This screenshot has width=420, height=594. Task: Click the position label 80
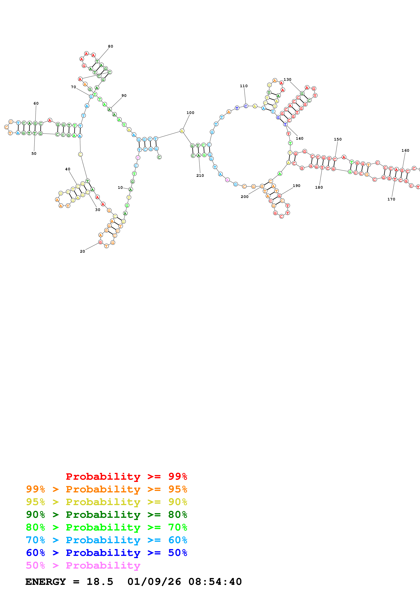(110, 46)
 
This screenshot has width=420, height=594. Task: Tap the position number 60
(36, 103)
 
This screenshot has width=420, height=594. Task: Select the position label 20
(82, 251)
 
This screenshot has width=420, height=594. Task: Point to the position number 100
(190, 113)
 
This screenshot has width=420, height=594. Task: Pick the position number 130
(287, 79)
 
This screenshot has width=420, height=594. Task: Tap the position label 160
(405, 151)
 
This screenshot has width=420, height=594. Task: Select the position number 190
(296, 186)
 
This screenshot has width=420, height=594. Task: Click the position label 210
(200, 175)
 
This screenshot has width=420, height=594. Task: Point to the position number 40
(68, 169)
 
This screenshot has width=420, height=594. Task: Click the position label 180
(319, 187)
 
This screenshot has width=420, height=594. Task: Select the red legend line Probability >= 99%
(126, 476)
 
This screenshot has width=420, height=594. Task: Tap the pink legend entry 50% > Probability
(83, 566)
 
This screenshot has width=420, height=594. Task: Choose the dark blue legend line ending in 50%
(106, 553)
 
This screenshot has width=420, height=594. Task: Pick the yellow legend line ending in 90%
(106, 502)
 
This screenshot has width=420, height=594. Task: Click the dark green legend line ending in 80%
(106, 515)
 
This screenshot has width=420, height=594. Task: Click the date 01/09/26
(154, 582)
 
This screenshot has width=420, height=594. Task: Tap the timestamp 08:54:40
(215, 582)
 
